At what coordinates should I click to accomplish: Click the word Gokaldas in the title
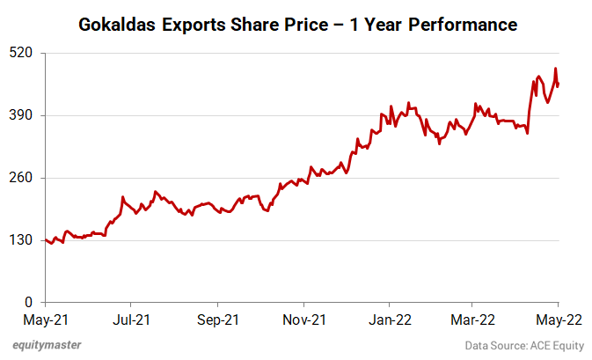(118, 24)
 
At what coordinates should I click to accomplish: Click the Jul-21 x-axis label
(129, 320)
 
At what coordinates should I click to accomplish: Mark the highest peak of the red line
(555, 69)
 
